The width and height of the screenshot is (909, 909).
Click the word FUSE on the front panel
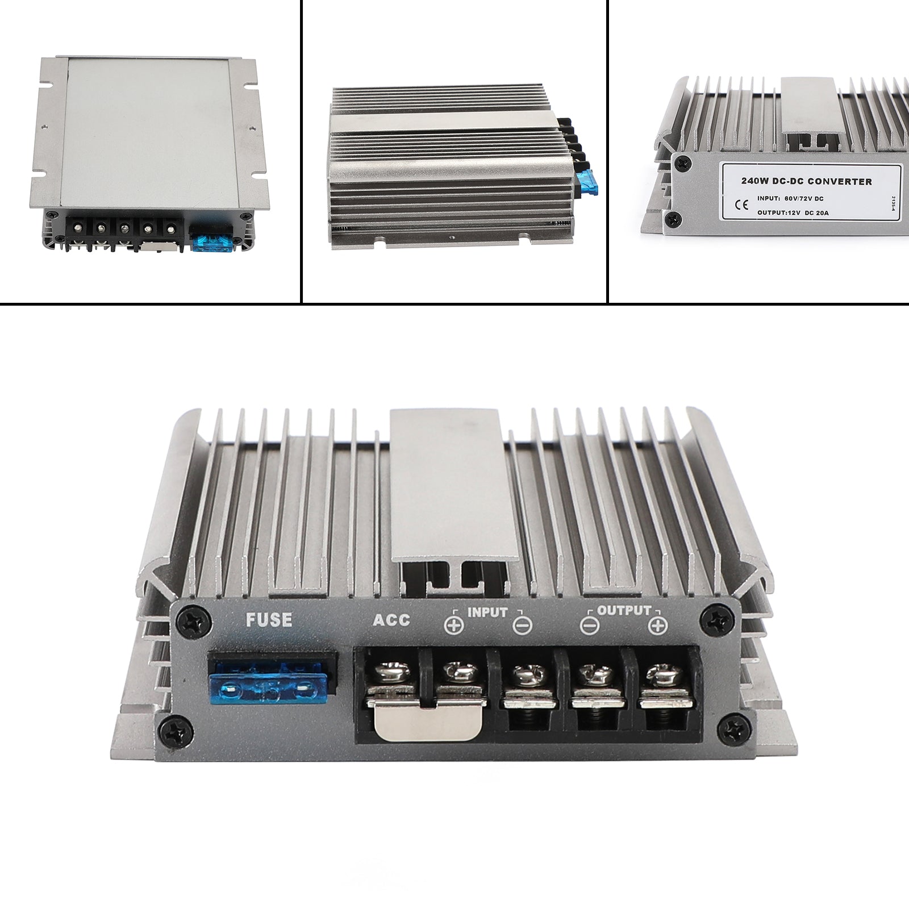pos(268,619)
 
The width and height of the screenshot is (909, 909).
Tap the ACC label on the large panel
pos(391,619)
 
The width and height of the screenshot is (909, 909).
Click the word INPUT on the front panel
pos(487,613)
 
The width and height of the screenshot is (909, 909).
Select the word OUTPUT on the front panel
pos(623,611)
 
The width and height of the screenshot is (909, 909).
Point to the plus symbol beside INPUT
pos(454,626)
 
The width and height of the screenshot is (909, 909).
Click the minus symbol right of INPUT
pos(522,626)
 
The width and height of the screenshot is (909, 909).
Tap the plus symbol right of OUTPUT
pos(657,626)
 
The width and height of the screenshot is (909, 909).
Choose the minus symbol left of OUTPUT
pos(590,626)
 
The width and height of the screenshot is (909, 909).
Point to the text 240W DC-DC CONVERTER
pos(806,182)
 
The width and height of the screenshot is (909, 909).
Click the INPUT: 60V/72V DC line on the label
pos(790,198)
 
